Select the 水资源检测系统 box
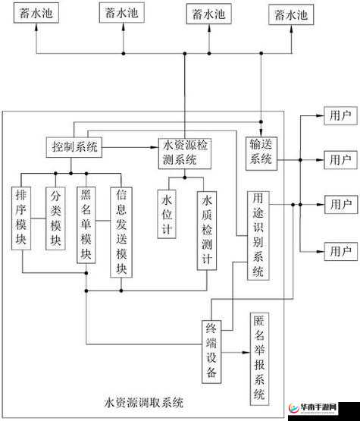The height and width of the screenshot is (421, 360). tap(185, 152)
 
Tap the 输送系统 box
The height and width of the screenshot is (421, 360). tap(261, 151)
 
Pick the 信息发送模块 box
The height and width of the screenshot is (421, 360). tap(121, 232)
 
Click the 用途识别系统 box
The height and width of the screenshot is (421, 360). tap(258, 235)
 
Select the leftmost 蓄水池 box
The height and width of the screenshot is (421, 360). tap(36, 14)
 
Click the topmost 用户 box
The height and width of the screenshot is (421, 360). tap(339, 116)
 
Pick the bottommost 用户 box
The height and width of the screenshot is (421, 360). tap(339, 250)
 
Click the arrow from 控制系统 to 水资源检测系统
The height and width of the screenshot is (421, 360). tap(130, 146)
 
